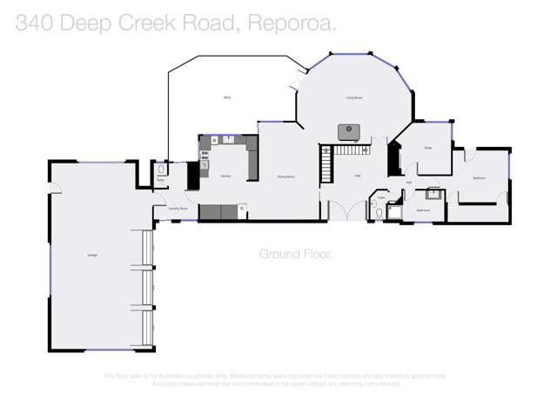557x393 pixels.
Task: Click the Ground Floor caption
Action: tap(296, 254)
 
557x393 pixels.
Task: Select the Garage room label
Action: tap(91, 255)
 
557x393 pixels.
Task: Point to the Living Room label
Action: tap(353, 98)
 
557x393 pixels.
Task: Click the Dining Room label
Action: tap(285, 177)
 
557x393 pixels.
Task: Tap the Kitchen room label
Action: tap(225, 177)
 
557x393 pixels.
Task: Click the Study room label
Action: tap(428, 148)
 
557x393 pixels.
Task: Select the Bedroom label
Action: tap(479, 177)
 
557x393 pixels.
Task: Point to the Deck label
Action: tap(226, 97)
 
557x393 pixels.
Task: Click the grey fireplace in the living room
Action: tap(349, 131)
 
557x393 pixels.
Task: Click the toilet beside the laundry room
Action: tap(161, 170)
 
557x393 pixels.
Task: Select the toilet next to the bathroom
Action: tap(379, 211)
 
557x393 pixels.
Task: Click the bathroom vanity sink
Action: tap(432, 194)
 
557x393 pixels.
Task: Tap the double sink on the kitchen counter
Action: tap(229, 139)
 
